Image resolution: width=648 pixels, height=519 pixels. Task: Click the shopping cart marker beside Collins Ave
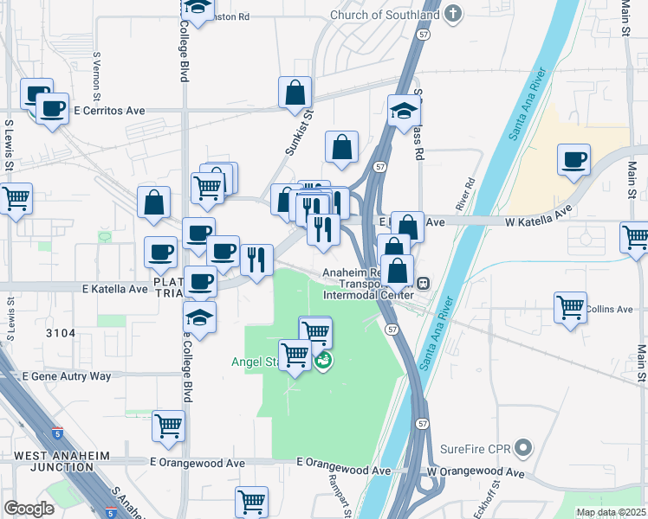pos(571,306)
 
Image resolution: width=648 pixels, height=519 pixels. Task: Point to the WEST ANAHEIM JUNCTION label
pos(54,461)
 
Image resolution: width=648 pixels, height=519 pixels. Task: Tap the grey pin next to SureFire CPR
pos(522,448)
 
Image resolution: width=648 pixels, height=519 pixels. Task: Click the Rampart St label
pos(337,495)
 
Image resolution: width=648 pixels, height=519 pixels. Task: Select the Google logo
pos(29,509)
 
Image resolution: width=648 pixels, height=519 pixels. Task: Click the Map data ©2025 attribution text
pos(610,512)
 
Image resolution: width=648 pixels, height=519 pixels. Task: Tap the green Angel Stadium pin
pos(323,360)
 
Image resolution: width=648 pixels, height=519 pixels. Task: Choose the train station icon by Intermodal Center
pos(424,283)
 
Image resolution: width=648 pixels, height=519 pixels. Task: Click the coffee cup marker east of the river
pos(574,160)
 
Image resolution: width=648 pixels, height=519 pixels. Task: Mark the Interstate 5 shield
pos(57,432)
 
